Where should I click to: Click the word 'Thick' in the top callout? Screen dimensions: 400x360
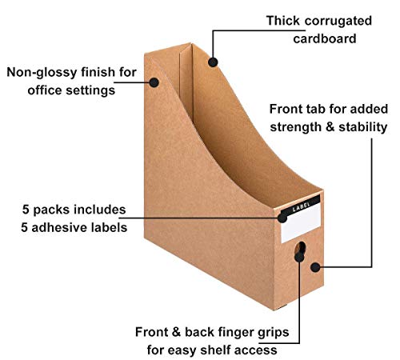pyautogui.click(x=282, y=21)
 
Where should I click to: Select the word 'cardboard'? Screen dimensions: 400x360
pyautogui.click(x=325, y=38)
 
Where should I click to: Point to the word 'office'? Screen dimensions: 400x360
pyautogui.click(x=45, y=90)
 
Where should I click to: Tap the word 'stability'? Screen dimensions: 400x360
pyautogui.click(x=362, y=127)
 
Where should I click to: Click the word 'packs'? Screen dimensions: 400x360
pyautogui.click(x=51, y=210)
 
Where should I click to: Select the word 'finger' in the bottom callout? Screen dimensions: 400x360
pyautogui.click(x=235, y=333)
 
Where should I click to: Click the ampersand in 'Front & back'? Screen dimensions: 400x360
pyautogui.click(x=176, y=332)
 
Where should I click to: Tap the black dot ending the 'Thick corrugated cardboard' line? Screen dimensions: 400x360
pyautogui.click(x=213, y=62)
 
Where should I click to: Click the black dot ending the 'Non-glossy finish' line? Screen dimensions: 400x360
pyautogui.click(x=154, y=82)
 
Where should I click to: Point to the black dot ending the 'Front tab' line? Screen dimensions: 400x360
pyautogui.click(x=315, y=267)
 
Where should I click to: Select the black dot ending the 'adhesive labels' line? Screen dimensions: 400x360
pyautogui.click(x=282, y=218)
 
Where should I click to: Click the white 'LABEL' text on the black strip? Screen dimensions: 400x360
pyautogui.click(x=302, y=207)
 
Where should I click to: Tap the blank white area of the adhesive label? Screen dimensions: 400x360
pyautogui.click(x=302, y=226)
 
